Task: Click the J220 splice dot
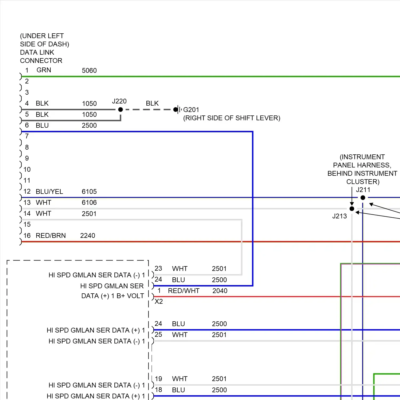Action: (x=121, y=110)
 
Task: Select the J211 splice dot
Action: (x=363, y=198)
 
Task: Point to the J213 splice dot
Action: (x=352, y=209)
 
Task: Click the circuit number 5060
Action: (x=89, y=70)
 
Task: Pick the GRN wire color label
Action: (x=44, y=70)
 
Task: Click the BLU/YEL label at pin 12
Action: (x=49, y=191)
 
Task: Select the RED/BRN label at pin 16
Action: (x=51, y=235)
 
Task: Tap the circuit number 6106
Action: (x=89, y=202)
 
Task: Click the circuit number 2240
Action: (x=87, y=235)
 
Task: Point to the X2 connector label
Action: (x=159, y=301)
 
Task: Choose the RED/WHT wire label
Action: (x=183, y=291)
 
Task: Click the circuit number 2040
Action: (x=220, y=291)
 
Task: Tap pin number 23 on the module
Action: (x=158, y=268)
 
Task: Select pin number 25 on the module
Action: (x=158, y=334)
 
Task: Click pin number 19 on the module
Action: (x=158, y=379)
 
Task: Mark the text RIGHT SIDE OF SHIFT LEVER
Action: (x=231, y=118)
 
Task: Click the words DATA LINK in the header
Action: (x=37, y=52)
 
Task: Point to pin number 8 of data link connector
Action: (x=27, y=147)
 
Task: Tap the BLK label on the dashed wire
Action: (x=152, y=103)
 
